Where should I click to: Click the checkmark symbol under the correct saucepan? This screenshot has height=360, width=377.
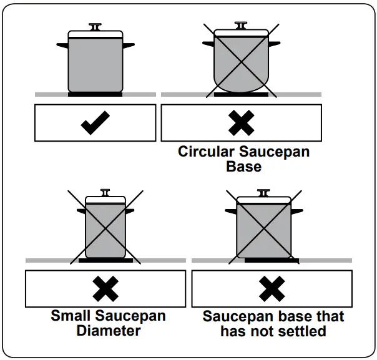[95, 123]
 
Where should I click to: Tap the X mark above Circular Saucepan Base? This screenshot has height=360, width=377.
[241, 123]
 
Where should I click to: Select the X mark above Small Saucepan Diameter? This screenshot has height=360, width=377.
[105, 288]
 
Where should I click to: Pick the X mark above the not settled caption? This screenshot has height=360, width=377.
[272, 288]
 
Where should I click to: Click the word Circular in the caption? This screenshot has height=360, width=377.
[206, 152]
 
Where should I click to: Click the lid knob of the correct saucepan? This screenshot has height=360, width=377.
[95, 27]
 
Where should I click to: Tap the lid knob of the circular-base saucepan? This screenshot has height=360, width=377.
[240, 26]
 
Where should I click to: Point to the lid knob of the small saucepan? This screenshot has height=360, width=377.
[105, 192]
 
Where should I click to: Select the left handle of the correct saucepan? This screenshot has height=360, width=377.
[62, 45]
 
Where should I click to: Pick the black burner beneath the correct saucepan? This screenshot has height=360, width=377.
[95, 94]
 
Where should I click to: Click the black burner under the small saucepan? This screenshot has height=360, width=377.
[105, 260]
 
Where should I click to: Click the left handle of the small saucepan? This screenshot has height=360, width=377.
[81, 211]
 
